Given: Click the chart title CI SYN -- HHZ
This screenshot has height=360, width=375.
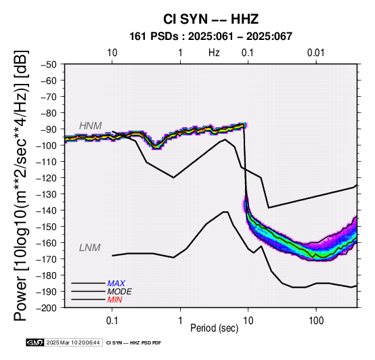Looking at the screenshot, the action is click(211, 19).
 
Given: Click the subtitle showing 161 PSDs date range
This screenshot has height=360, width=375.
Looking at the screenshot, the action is click(211, 37).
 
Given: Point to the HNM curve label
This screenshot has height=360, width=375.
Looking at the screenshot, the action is click(91, 126).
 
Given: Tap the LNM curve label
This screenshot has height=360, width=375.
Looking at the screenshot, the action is click(89, 248).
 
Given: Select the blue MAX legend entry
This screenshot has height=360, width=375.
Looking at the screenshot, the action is click(116, 284).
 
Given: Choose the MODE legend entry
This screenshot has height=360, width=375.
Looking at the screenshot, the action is click(119, 292).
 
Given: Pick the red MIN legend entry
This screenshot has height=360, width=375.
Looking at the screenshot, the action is click(115, 300).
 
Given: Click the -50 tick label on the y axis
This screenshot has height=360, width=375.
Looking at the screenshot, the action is click(48, 64).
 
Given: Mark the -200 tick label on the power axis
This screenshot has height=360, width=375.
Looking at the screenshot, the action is click(47, 308).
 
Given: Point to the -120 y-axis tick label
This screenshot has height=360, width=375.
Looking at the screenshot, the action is click(47, 178).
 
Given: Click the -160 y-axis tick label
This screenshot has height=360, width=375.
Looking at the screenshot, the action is click(47, 243).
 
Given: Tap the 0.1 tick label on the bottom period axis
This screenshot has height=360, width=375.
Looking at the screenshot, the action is click(112, 321).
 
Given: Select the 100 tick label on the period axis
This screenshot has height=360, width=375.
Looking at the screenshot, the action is click(316, 321).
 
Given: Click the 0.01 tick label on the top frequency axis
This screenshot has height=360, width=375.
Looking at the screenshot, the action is click(316, 53).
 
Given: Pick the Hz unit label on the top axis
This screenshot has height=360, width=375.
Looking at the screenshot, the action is click(214, 53).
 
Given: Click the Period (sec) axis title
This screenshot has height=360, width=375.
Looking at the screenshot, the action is click(215, 328).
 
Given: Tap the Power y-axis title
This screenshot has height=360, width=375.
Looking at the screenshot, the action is click(20, 185).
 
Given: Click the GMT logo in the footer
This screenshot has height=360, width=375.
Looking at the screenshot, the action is click(35, 342).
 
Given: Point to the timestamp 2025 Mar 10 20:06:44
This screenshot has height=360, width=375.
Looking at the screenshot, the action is click(73, 342).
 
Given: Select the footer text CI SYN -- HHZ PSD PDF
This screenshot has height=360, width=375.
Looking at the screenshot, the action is click(134, 343).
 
